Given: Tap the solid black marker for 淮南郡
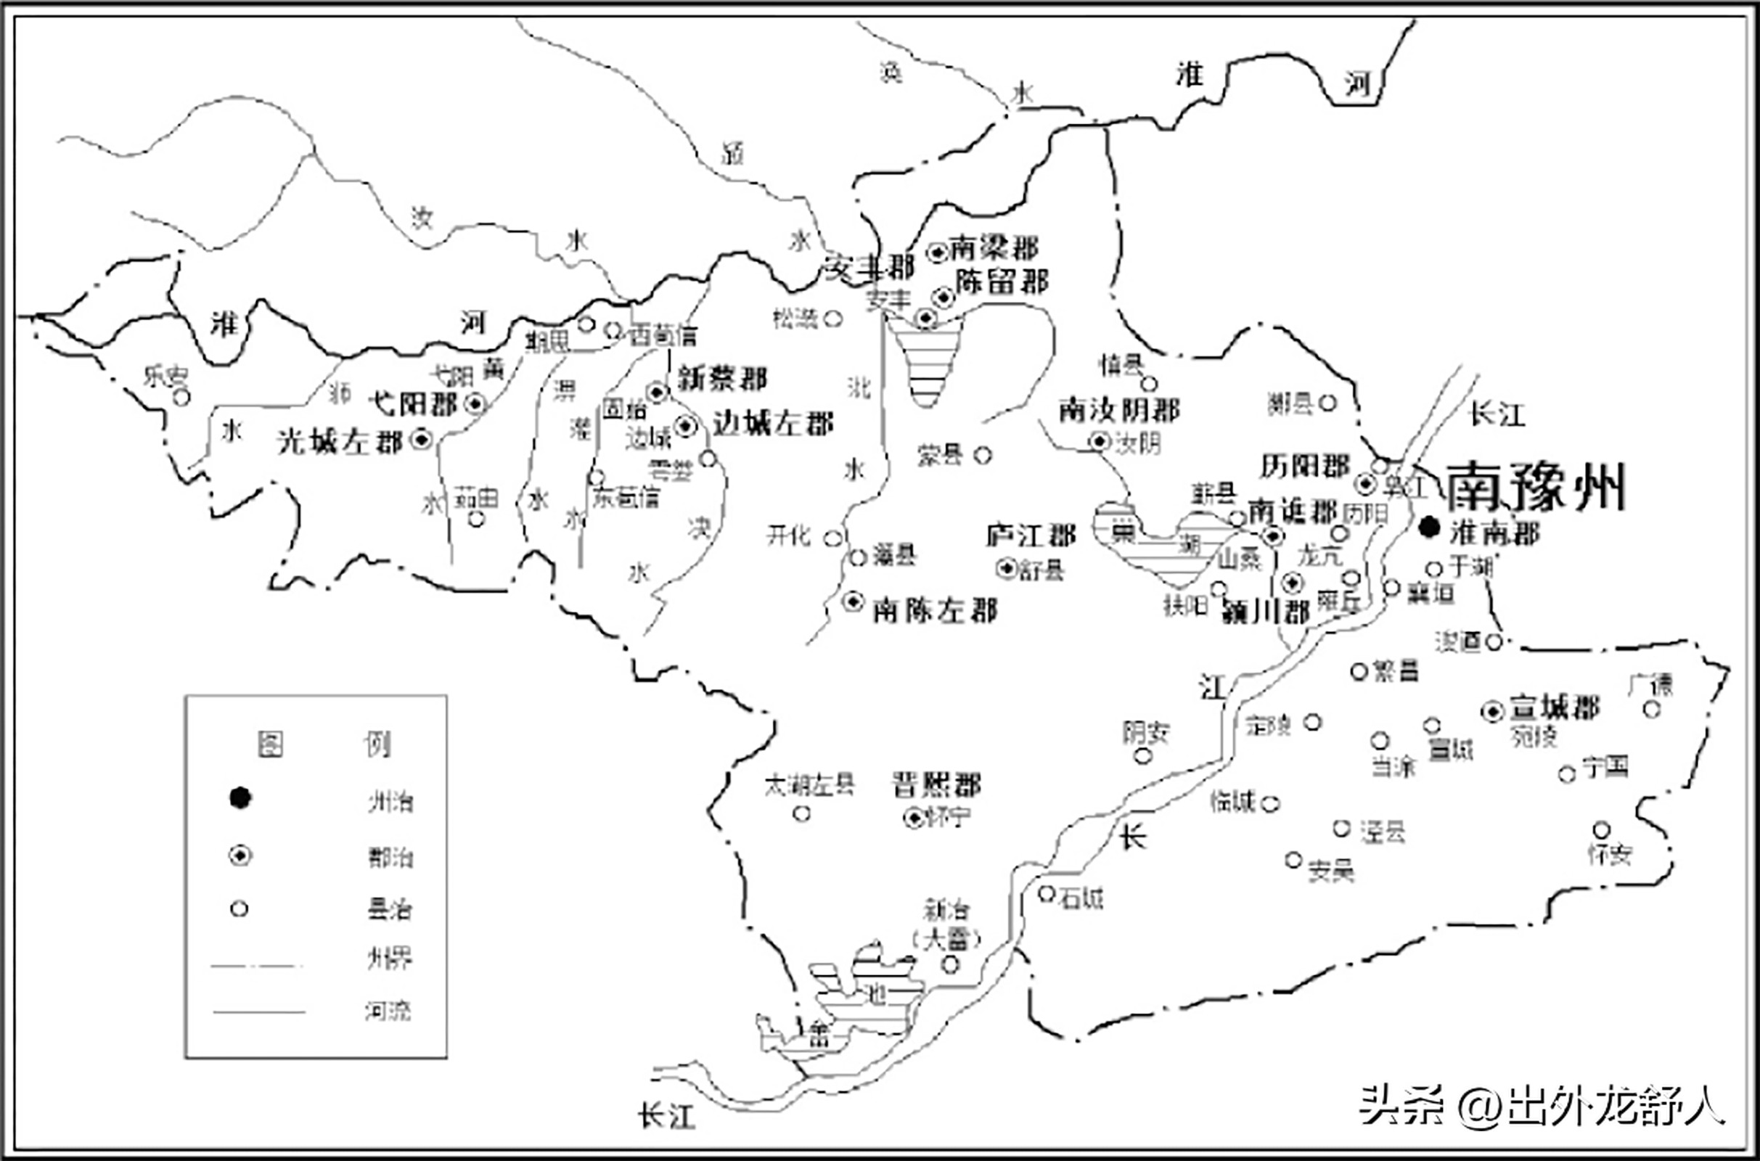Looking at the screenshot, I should tap(1429, 528).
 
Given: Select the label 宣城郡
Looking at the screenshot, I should tap(1554, 708).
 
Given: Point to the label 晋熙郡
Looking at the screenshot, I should tap(936, 785).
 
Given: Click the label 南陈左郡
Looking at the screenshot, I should tap(934, 610).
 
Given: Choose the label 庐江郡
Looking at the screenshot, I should tap(1031, 535).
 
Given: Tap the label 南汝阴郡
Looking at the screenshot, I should tap(1119, 409).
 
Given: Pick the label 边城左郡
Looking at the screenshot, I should tap(773, 424).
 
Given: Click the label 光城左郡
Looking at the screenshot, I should tap(339, 441).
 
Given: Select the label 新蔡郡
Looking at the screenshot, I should tap(722, 379).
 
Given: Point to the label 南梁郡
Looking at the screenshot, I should tap(994, 248).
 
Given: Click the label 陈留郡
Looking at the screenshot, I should tap(1002, 282).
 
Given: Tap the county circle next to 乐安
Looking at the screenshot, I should tap(181, 398).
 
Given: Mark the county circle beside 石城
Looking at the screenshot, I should tap(1047, 895).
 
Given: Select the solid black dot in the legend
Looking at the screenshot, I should tap(240, 797).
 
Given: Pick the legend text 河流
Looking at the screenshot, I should tap(388, 1011).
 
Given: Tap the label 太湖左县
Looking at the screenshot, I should tap(809, 785).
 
